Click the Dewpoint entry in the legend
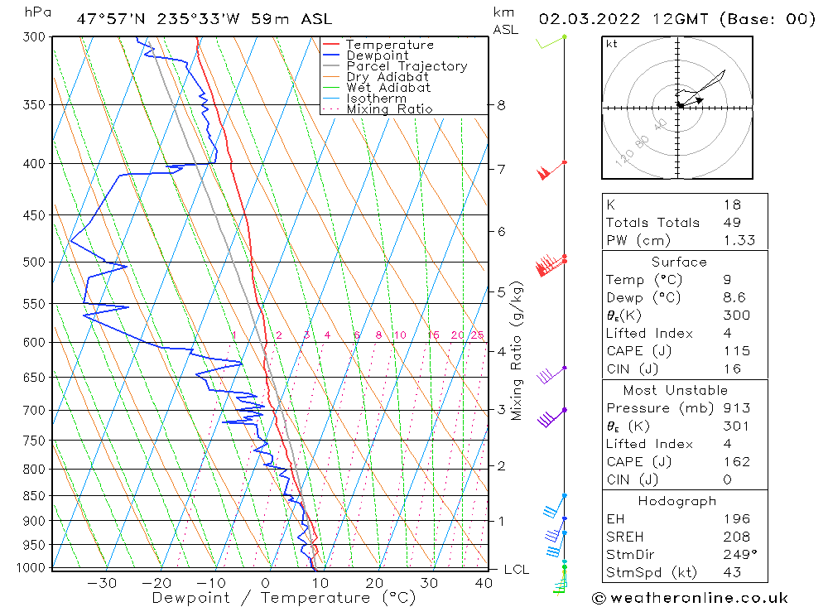(377, 55)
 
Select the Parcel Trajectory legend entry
(406, 66)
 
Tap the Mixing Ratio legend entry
(388, 108)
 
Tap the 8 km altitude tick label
(501, 105)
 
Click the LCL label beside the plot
(516, 569)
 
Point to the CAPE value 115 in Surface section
(735, 351)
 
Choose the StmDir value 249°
(738, 555)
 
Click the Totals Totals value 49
(731, 223)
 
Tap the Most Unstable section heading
(676, 390)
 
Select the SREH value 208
(735, 537)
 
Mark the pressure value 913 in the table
(735, 408)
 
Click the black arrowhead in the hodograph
(700, 100)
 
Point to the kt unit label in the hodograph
(612, 44)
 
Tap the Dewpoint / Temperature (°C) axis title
(284, 598)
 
